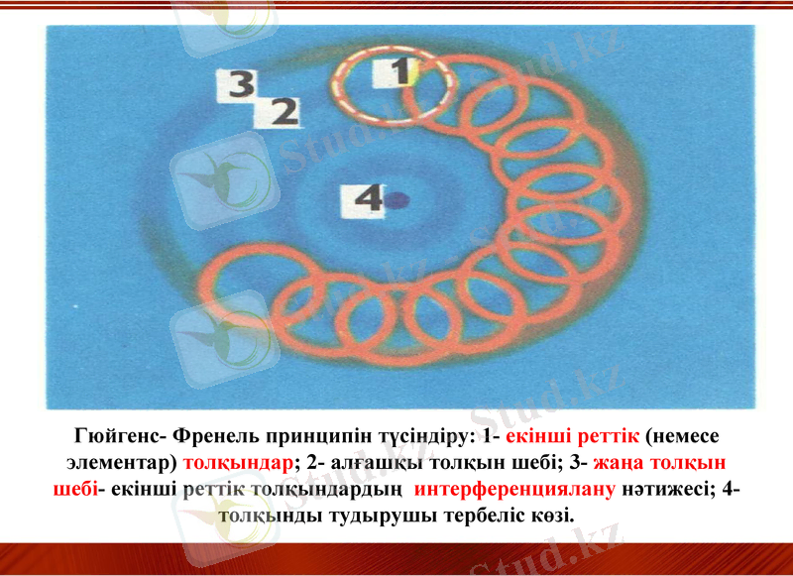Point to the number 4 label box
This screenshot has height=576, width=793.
point(366,200)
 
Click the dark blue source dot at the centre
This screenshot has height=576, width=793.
point(398,200)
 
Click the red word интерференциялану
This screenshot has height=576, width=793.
point(515,488)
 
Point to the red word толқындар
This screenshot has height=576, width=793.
point(238,462)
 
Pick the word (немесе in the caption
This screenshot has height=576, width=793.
point(683,436)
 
